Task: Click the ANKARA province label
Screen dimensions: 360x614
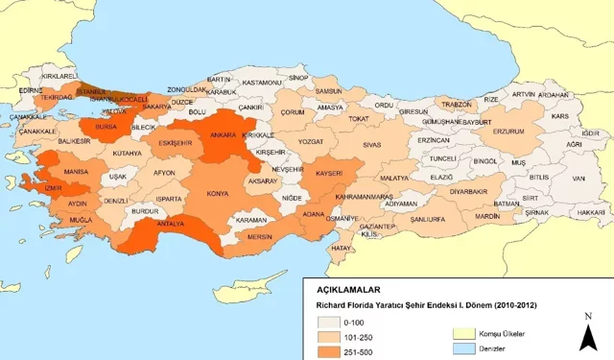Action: coord(223,135)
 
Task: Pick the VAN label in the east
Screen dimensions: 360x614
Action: coord(579,178)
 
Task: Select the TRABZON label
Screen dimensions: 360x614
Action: coord(459,105)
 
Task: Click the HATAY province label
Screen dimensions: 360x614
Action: coord(341,248)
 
